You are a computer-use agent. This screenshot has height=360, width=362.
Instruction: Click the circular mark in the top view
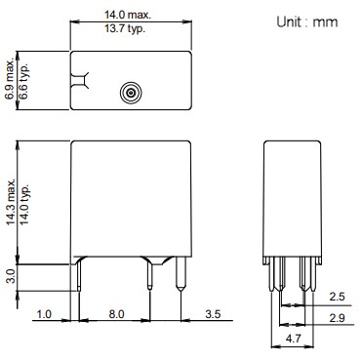click(x=129, y=94)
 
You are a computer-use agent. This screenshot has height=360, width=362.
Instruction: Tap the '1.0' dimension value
click(x=44, y=314)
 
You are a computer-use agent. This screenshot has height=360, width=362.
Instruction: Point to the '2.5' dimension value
click(x=336, y=296)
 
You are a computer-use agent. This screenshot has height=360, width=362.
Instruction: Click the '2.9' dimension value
click(x=336, y=318)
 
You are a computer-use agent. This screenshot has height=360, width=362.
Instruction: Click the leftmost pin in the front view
click(x=79, y=279)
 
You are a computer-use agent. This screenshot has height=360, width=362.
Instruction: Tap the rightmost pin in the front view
click(x=181, y=279)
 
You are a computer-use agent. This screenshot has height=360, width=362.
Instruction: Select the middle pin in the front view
click(x=148, y=279)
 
